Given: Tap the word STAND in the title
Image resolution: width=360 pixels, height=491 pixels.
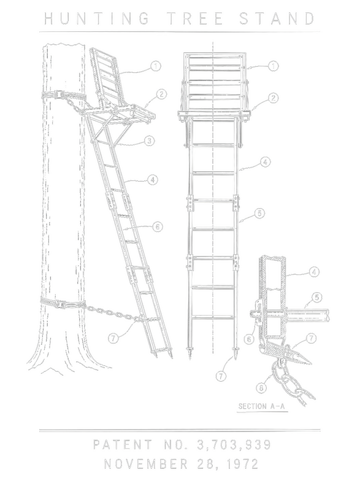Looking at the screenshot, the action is coord(277,18).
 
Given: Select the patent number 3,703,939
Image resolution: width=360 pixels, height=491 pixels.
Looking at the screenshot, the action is coord(234,444).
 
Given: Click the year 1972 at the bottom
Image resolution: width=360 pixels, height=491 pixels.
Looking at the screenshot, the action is coord(242,464).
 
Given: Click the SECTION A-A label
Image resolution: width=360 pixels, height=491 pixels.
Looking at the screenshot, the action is coord(262,406).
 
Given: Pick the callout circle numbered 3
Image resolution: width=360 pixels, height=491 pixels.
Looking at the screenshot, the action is coord(150,141).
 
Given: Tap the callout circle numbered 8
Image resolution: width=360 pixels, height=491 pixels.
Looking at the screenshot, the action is coord(261,388).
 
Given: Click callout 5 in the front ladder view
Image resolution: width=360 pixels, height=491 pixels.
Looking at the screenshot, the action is coord(259,213).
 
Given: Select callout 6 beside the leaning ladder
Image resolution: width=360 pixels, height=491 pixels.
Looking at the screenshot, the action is coord(158,226).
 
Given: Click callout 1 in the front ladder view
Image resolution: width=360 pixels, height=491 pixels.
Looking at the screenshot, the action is coord(274,66).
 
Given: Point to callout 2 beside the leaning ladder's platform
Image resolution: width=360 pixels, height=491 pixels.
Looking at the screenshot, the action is coord(161,95).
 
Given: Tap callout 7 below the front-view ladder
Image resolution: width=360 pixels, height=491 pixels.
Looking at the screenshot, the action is coord(221,376).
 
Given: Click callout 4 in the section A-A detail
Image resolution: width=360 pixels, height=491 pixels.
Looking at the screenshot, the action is coord(314,272).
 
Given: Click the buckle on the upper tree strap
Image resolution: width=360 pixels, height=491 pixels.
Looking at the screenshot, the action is coord(59,95).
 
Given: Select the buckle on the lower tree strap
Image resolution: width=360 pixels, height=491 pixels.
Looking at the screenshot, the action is coord(59,304).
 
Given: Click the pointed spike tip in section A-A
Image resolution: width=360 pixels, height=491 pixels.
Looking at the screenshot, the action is coord(312,363).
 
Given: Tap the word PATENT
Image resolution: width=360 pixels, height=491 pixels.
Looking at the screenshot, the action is coord(122,444).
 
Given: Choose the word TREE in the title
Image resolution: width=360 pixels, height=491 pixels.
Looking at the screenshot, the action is coord(195,18).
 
